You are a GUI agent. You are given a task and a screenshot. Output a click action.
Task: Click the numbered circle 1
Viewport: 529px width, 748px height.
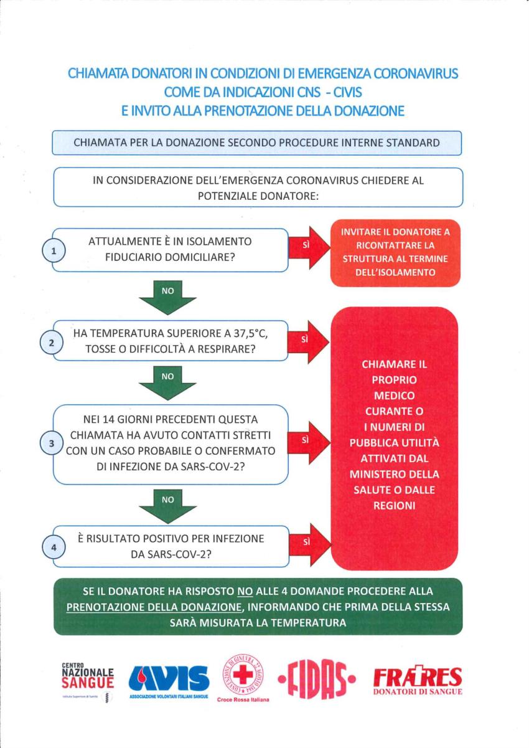click(x=54, y=251)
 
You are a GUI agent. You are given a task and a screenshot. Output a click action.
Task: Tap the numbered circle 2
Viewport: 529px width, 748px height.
click(x=52, y=343)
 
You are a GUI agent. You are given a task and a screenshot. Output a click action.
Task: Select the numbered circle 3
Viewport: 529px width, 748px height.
click(x=52, y=444)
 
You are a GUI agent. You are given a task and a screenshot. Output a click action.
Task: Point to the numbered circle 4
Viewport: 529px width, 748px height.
click(x=54, y=547)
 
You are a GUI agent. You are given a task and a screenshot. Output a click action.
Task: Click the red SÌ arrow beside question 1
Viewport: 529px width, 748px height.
click(x=310, y=247)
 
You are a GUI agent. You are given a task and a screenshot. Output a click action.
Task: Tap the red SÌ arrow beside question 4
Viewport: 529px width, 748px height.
click(x=310, y=546)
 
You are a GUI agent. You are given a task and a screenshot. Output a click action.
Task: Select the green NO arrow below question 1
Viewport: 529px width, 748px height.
click(x=167, y=298)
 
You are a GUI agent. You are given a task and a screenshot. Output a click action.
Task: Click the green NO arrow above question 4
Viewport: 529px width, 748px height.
click(x=167, y=506)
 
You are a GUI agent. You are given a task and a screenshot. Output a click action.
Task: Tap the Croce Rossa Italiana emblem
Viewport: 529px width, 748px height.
click(x=243, y=676)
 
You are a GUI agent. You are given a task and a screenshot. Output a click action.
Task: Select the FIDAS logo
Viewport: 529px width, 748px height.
click(x=317, y=678)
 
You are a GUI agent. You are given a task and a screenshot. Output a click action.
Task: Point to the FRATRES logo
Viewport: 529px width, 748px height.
click(x=418, y=678)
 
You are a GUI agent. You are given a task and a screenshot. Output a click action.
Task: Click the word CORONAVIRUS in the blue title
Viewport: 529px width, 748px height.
click(x=416, y=73)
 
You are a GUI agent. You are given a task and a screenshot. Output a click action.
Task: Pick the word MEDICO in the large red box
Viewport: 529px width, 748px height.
click(x=394, y=395)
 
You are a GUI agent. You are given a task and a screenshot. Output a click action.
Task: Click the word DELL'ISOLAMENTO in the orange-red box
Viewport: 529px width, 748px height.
click(x=395, y=272)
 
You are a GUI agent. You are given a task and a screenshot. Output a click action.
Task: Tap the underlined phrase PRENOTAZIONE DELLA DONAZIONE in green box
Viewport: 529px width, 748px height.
click(x=154, y=607)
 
